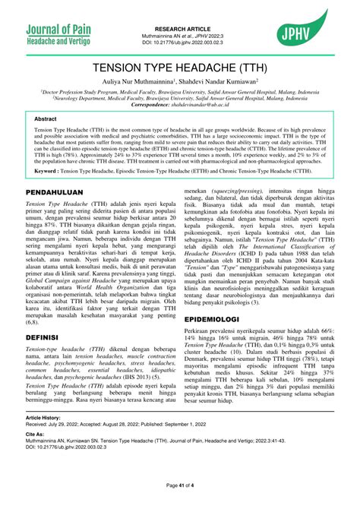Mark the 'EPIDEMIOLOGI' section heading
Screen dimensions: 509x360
pos(219,320)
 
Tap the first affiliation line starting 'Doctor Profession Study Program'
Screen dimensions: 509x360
pos(180,90)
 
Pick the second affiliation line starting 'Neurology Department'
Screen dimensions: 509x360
pos(180,97)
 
